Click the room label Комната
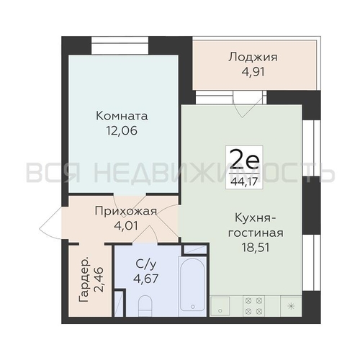coord(122,116)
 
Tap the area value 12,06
coord(122,131)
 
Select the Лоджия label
coord(253,58)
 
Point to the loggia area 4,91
coord(253,72)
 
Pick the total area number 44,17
coord(244,182)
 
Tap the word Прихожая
coord(126,212)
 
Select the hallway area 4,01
coord(126,226)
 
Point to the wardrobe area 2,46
coord(99,279)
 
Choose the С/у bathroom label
coord(146,264)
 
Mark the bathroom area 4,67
coord(146,279)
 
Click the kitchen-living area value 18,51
coord(256,248)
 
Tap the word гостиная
coord(256,233)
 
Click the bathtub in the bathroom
coord(192,286)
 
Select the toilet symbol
coord(145,306)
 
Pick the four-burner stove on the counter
coord(253,306)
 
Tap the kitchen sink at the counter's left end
coord(220,306)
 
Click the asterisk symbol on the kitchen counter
coord(291,306)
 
